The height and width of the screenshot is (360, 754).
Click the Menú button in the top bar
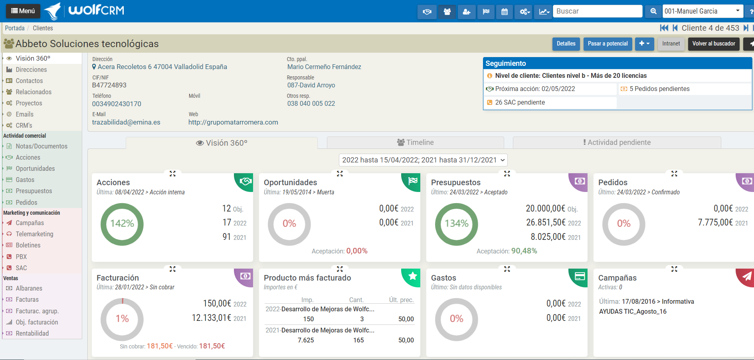(x=23, y=11)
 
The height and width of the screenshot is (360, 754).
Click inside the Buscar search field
(x=597, y=11)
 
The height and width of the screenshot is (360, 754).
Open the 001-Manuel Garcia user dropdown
(x=703, y=11)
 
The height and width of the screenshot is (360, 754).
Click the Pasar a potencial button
(x=608, y=44)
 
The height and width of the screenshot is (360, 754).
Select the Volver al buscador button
(x=713, y=44)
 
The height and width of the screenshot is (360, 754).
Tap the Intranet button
(x=671, y=44)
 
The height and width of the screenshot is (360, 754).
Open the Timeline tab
(x=415, y=142)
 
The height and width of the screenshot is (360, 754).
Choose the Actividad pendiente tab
(x=617, y=142)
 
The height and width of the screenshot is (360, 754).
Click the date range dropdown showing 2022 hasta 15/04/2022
(x=423, y=160)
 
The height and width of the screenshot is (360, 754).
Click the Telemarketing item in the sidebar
(x=34, y=234)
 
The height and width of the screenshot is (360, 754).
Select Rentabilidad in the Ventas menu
(x=32, y=333)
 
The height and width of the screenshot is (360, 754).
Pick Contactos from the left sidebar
(x=29, y=81)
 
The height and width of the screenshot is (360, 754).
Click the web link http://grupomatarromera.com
(x=233, y=122)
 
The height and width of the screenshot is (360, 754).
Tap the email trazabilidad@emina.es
(x=126, y=122)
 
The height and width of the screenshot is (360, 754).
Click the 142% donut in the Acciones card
(x=122, y=224)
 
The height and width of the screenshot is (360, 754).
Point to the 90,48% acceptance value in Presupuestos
(x=524, y=251)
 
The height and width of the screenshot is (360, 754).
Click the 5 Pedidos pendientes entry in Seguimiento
(x=659, y=89)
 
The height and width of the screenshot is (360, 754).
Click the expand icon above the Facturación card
(x=172, y=269)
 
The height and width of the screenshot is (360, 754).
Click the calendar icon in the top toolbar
(x=505, y=12)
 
